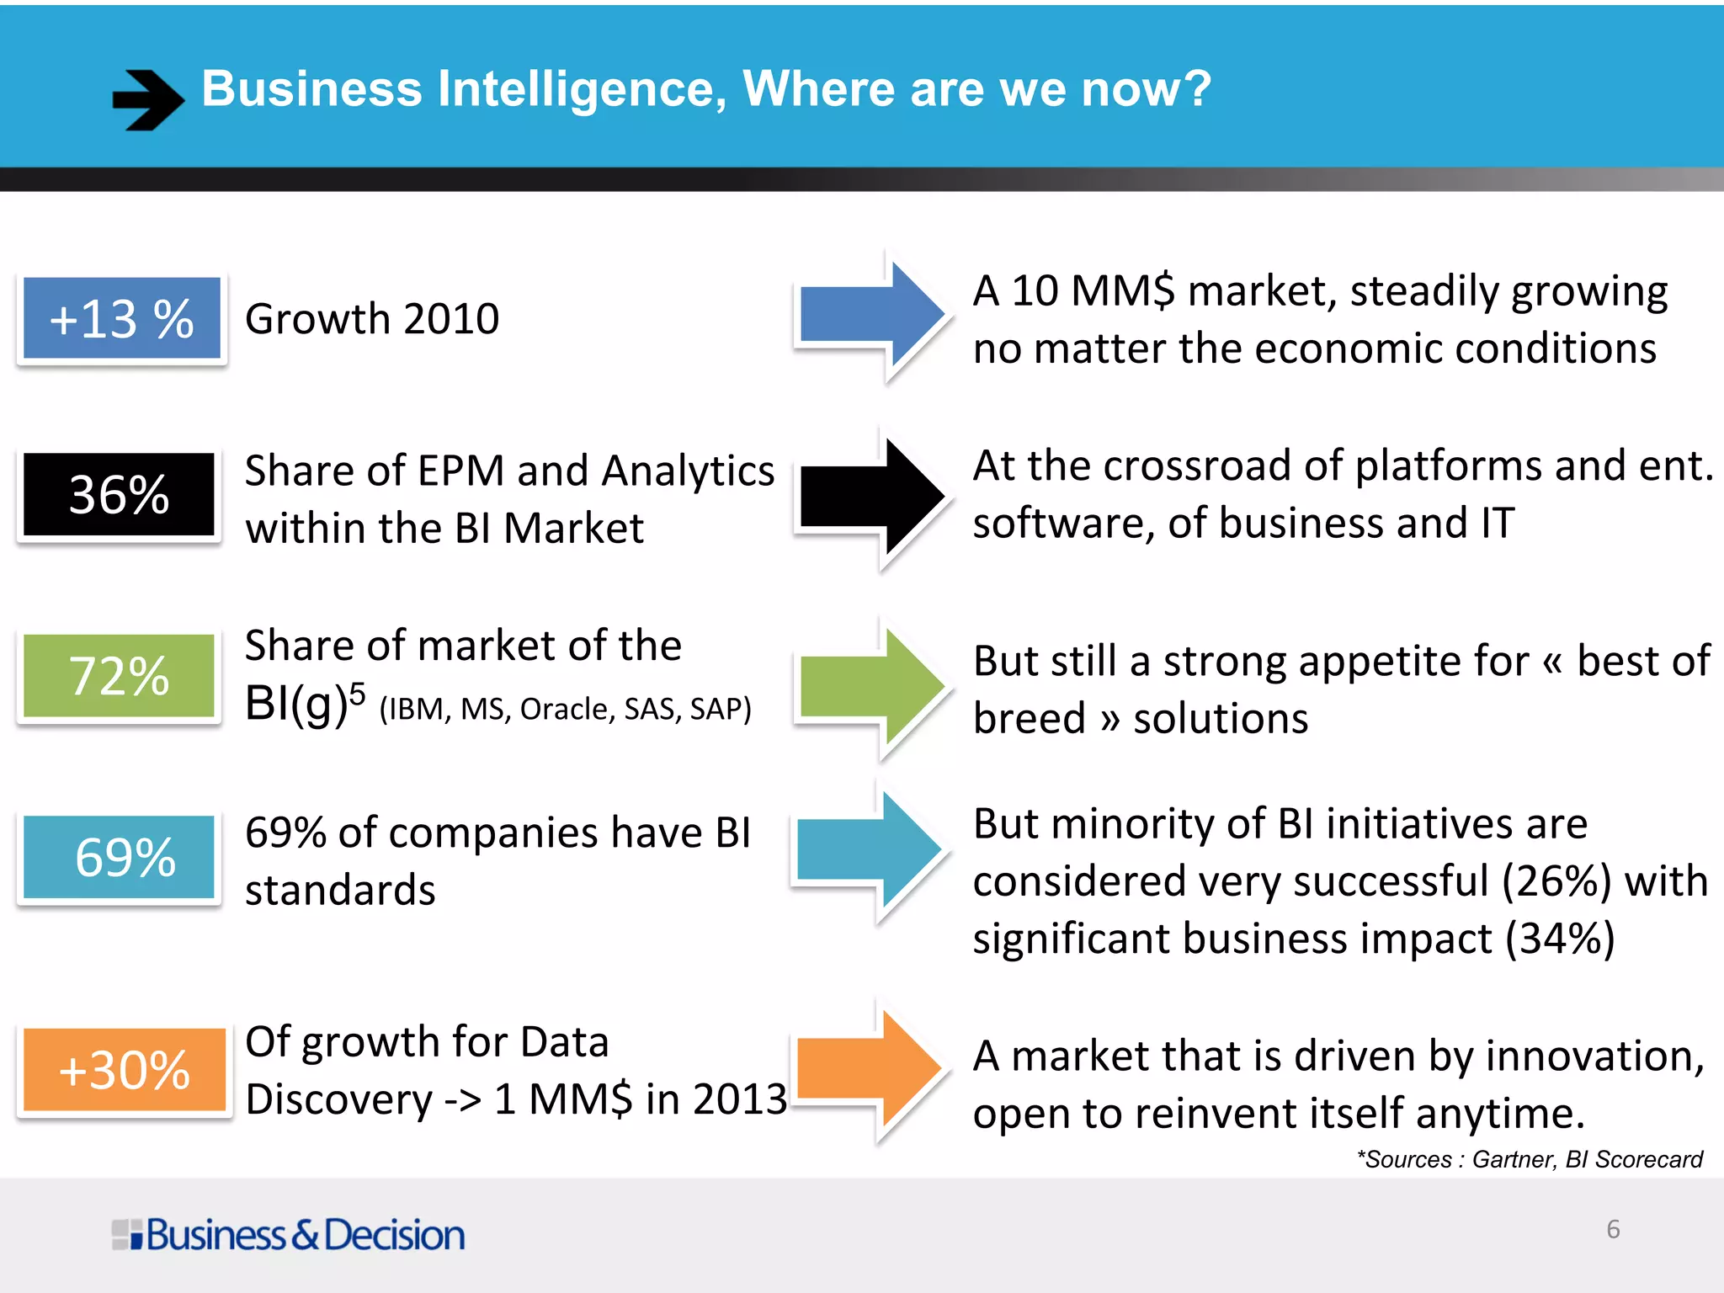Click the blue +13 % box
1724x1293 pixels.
pos(122,318)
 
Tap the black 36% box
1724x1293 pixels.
pos(119,494)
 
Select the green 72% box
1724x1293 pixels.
pos(119,675)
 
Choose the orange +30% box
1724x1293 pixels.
pos(124,1070)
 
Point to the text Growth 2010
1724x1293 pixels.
pos(372,319)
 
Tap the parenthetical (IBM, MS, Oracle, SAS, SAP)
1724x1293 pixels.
pos(565,709)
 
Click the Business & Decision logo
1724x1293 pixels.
pos(289,1235)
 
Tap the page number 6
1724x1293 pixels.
pos(1613,1229)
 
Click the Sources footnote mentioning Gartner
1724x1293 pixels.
pos(1530,1160)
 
